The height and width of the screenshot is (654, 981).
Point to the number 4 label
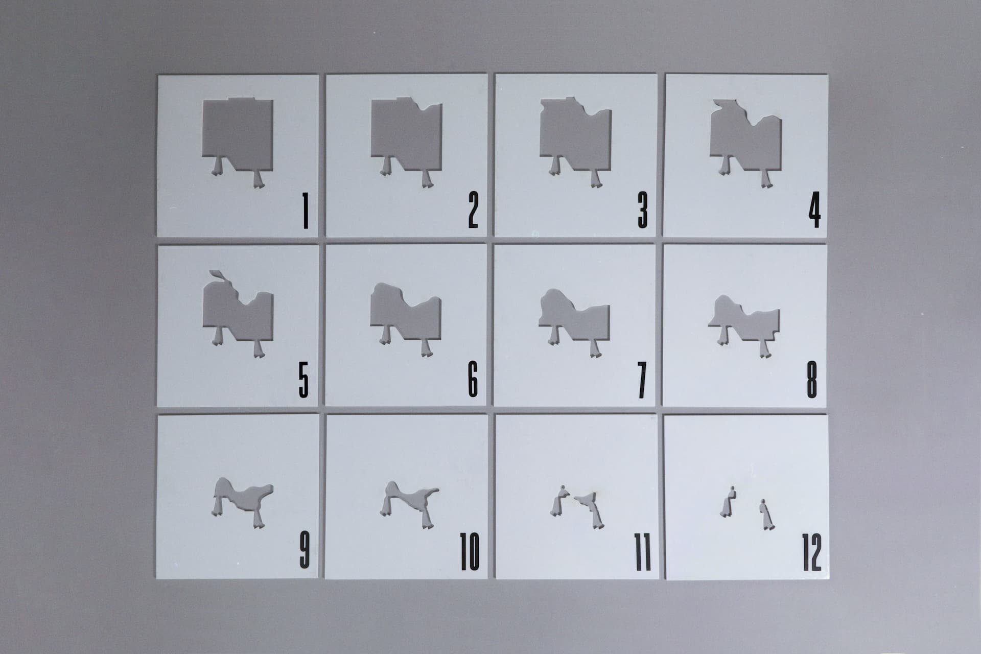(x=814, y=211)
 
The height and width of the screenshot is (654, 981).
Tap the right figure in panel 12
(x=765, y=515)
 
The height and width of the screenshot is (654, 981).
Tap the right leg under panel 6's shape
(x=425, y=347)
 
